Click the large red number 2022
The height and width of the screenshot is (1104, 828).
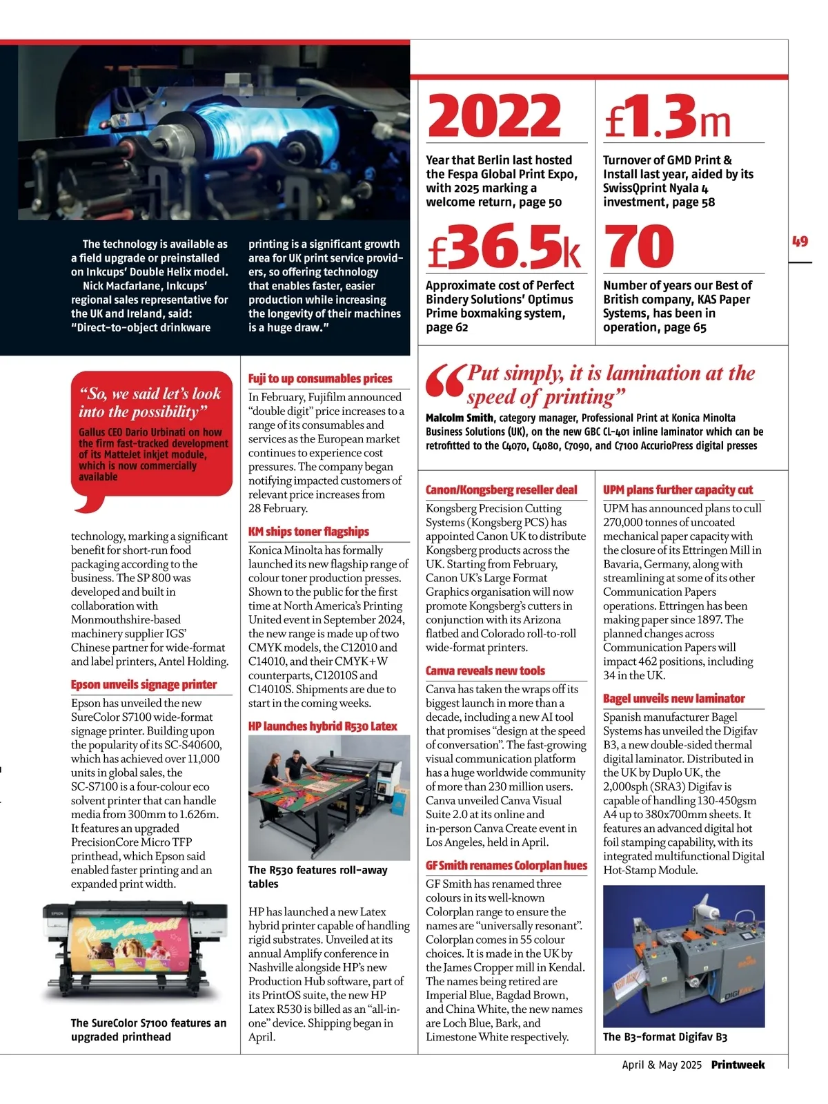click(x=494, y=115)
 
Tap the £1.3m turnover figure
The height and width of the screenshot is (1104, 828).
click(x=667, y=115)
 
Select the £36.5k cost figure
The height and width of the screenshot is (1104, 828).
click(x=504, y=246)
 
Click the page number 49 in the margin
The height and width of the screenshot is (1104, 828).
click(x=800, y=242)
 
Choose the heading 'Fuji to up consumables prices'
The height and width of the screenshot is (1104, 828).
click(x=320, y=378)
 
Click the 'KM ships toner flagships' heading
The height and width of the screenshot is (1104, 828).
click(x=308, y=532)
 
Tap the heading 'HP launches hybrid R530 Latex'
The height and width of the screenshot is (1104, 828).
click(x=323, y=726)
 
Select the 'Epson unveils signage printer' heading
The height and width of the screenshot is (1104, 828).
click(x=144, y=685)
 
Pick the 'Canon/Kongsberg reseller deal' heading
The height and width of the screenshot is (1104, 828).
click(x=502, y=490)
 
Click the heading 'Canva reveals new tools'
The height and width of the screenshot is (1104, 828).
click(x=485, y=671)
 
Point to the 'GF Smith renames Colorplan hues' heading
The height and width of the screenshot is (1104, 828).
click(x=506, y=866)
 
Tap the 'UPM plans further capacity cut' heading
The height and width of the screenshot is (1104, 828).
click(x=678, y=490)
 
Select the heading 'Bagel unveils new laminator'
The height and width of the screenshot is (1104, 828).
click(x=673, y=699)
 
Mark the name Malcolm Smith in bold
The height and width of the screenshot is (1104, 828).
click(x=460, y=418)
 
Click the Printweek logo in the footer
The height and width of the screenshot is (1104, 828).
click(x=738, y=1065)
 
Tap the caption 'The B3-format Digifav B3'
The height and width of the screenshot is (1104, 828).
click(x=664, y=1037)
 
